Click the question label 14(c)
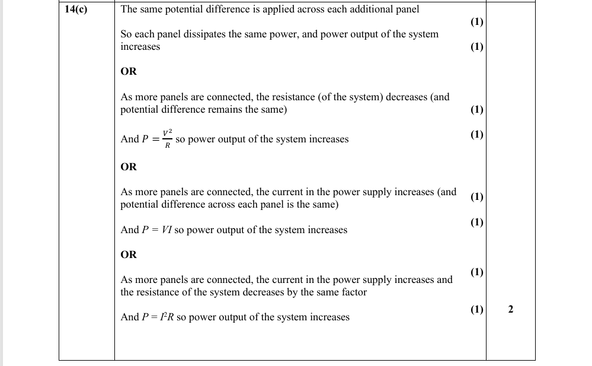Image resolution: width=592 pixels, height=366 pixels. (x=75, y=9)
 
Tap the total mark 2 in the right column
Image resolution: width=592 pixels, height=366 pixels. (x=511, y=309)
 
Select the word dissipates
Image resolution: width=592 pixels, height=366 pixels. (x=192, y=34)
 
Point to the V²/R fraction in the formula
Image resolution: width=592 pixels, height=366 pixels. (x=168, y=139)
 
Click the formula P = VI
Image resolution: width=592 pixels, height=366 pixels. (x=156, y=230)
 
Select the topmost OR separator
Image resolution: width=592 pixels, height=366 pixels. (x=129, y=72)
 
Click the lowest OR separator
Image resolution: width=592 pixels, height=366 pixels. (x=129, y=255)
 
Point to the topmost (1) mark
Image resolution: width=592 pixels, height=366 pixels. (x=477, y=23)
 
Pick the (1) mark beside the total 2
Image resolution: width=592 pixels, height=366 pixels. (x=477, y=309)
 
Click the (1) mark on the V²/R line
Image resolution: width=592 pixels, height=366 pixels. (x=477, y=135)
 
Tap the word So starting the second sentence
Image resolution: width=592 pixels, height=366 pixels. (x=126, y=34)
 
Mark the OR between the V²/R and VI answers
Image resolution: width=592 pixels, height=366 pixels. (x=129, y=167)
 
